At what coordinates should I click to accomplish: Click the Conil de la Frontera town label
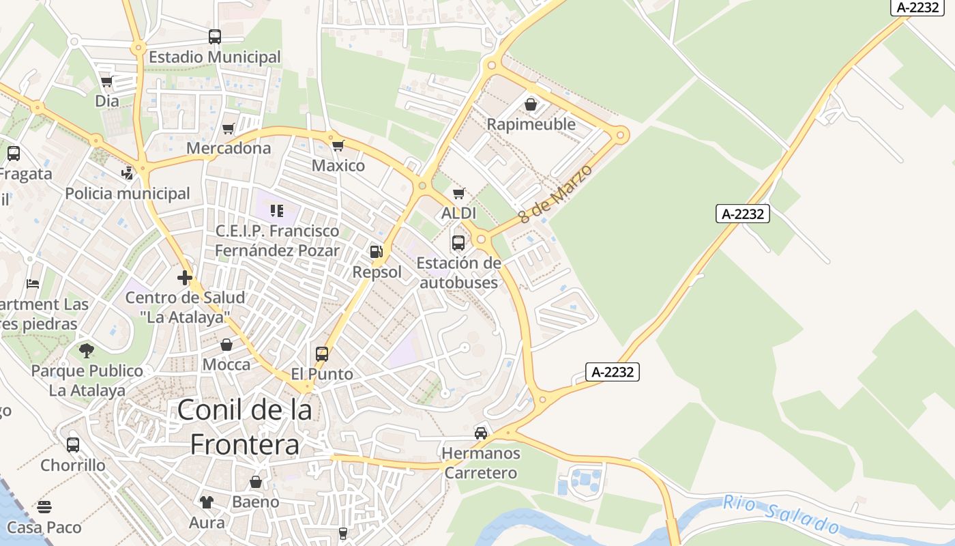click(245, 427)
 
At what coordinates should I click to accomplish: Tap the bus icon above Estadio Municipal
click(215, 37)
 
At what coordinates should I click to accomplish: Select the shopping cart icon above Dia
click(106, 82)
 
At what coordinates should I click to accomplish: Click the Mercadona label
click(229, 148)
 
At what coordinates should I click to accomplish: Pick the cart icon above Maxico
click(338, 145)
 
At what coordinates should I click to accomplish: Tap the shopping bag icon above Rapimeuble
click(531, 104)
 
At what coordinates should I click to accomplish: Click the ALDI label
click(459, 214)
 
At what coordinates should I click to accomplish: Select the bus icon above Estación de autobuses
click(458, 243)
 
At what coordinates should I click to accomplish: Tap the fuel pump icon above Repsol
click(376, 252)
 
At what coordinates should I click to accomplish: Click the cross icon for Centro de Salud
click(185, 278)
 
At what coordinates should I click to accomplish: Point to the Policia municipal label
click(128, 194)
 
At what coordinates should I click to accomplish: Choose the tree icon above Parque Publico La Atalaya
click(87, 351)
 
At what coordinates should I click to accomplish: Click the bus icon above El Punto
click(322, 354)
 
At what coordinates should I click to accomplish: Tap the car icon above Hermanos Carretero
click(481, 433)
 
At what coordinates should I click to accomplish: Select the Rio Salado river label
click(781, 515)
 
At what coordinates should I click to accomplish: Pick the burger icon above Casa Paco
click(44, 507)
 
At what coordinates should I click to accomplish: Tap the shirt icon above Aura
click(207, 503)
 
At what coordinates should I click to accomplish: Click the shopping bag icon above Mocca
click(226, 345)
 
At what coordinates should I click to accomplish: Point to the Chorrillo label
click(73, 465)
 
